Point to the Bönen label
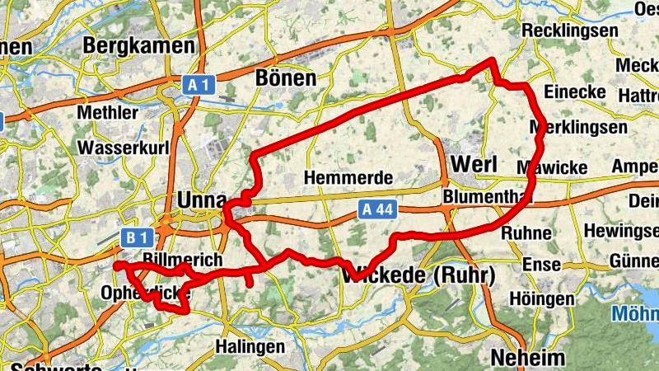pos(286,78)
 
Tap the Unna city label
pos(199,200)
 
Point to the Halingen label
pos(250,346)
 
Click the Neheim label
pos(528,358)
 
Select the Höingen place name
pos(541,298)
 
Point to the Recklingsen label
pos(570,31)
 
